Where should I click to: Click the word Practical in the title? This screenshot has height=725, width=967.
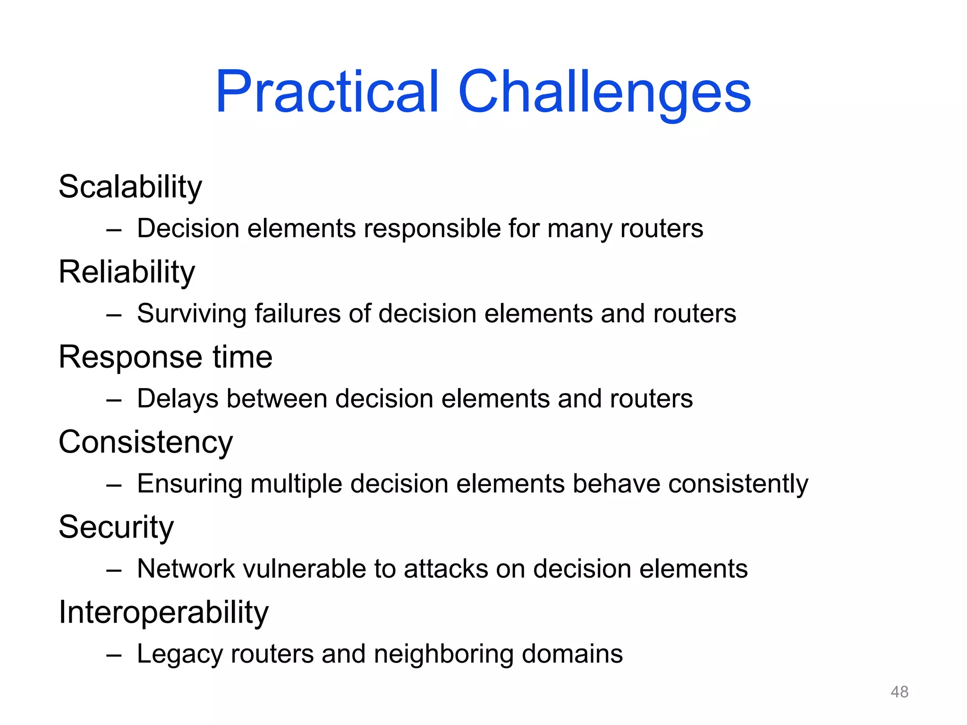click(x=327, y=92)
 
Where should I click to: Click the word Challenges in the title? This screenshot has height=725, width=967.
click(x=604, y=92)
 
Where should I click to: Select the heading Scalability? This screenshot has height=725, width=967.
click(x=130, y=187)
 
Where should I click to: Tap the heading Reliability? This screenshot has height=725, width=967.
click(x=127, y=272)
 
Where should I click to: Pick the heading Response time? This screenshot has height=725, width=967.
click(x=165, y=357)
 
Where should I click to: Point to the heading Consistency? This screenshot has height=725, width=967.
click(x=145, y=442)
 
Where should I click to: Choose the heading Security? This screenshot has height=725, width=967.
click(x=116, y=527)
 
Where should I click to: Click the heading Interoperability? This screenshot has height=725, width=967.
click(x=163, y=612)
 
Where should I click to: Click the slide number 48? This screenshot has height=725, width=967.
click(x=899, y=692)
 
